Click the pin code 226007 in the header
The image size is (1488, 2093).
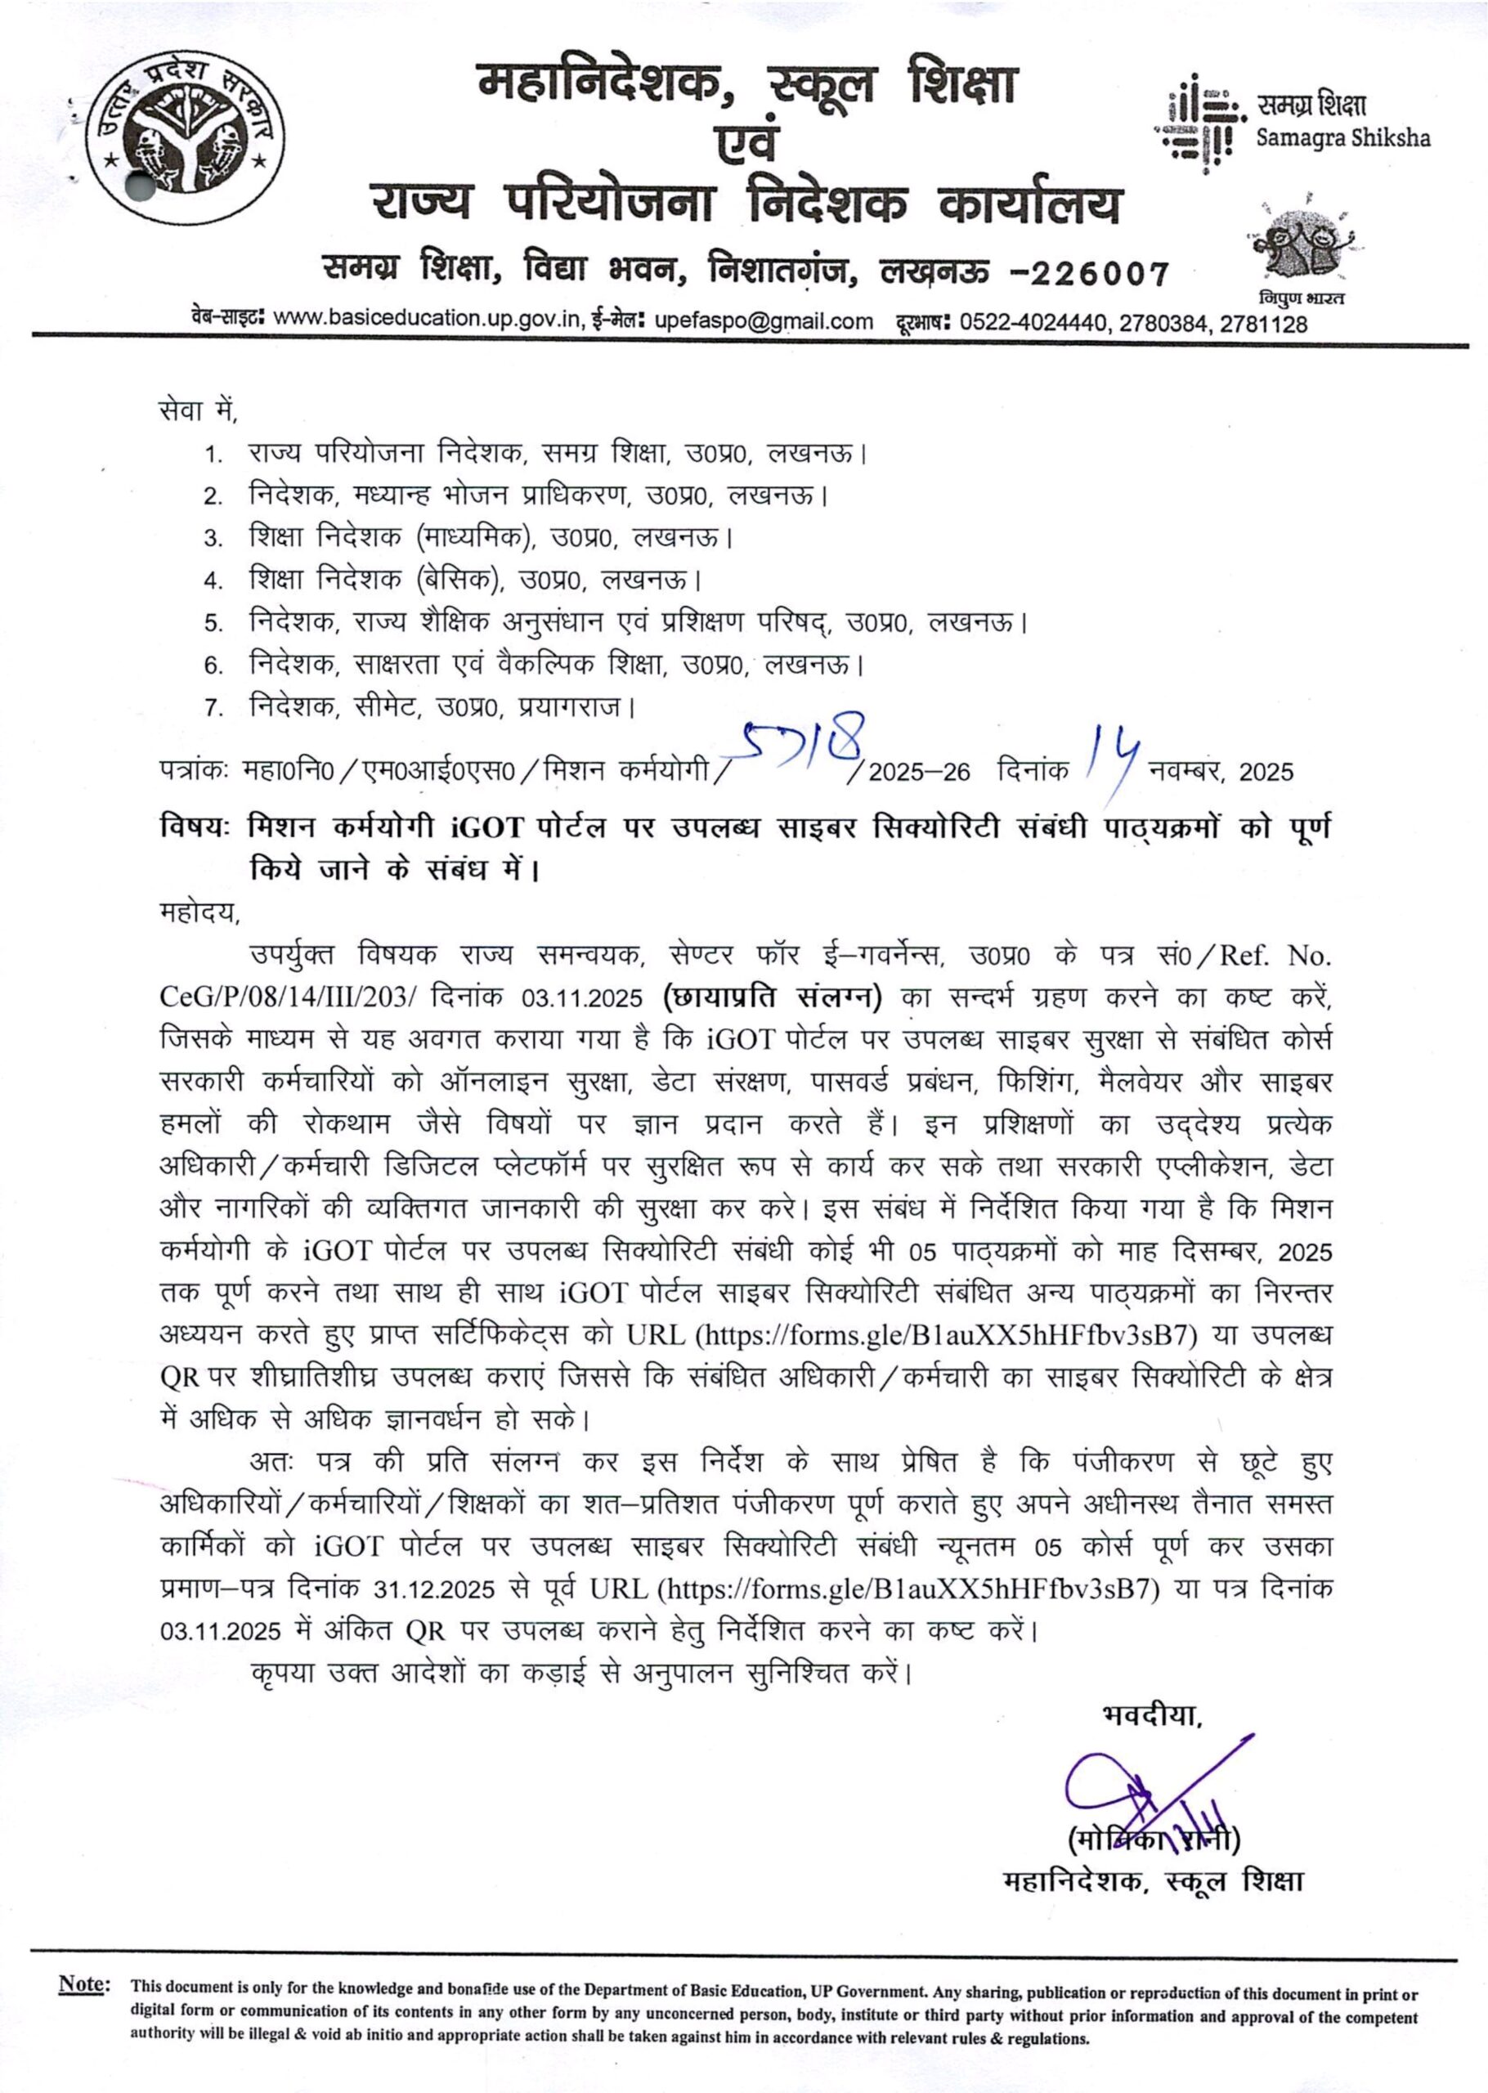tap(1096, 273)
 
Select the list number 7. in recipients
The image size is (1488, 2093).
tap(213, 709)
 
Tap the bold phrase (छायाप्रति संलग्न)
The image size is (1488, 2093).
tap(772, 997)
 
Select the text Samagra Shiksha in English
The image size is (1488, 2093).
tap(1342, 139)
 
